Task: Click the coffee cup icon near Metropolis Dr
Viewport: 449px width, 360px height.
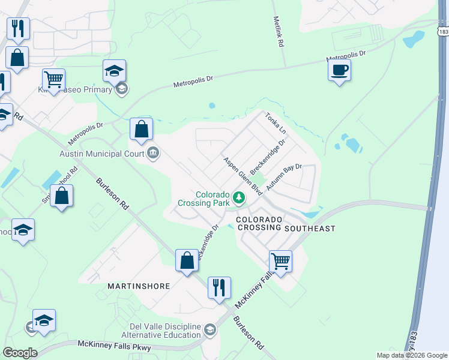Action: tap(340, 70)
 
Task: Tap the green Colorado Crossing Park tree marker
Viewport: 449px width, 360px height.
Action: tap(239, 197)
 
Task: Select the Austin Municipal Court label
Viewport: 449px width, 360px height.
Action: tap(103, 154)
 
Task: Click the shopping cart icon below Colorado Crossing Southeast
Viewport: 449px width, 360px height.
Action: tap(280, 261)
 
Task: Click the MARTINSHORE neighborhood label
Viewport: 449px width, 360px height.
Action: tap(139, 286)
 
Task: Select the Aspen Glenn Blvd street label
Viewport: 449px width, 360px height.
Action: tap(244, 176)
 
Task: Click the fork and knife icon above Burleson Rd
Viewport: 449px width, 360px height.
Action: tap(218, 287)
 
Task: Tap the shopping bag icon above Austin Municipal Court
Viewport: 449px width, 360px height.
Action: tap(141, 129)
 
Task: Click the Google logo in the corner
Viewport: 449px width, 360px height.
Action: tap(19, 353)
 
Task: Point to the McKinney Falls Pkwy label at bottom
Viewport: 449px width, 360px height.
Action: tap(115, 346)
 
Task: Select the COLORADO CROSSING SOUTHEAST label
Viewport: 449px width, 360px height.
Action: tap(285, 224)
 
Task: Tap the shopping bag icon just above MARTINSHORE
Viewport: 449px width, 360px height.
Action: tap(187, 260)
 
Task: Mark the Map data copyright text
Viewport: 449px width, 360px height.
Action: tap(411, 355)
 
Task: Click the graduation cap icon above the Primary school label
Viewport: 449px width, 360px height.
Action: tap(114, 71)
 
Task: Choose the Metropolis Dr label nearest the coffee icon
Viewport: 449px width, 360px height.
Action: tap(346, 58)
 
